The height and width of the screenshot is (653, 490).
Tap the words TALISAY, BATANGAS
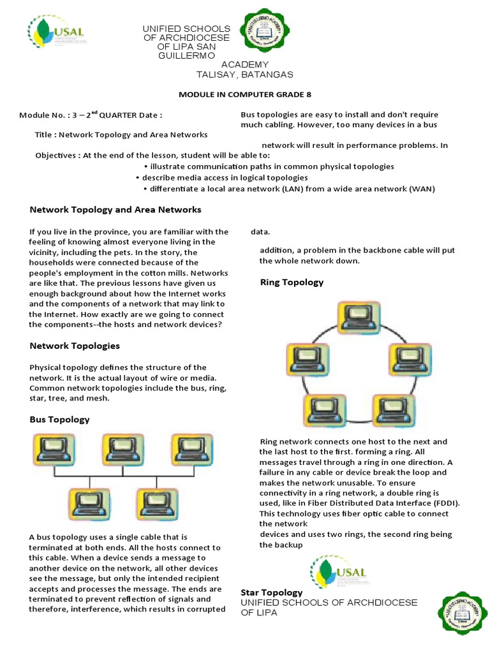coord(245,75)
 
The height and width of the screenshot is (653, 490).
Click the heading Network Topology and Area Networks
coord(115,209)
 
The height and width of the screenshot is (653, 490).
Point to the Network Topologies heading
coord(75,346)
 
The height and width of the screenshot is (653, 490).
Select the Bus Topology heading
coord(59,419)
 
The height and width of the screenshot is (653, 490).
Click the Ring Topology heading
coord(292,282)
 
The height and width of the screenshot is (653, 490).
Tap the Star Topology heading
coord(272,592)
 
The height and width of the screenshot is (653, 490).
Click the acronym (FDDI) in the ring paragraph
coord(443,503)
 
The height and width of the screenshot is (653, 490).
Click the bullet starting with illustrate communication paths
coord(269,166)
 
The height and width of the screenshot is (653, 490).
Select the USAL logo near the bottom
coord(339,572)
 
